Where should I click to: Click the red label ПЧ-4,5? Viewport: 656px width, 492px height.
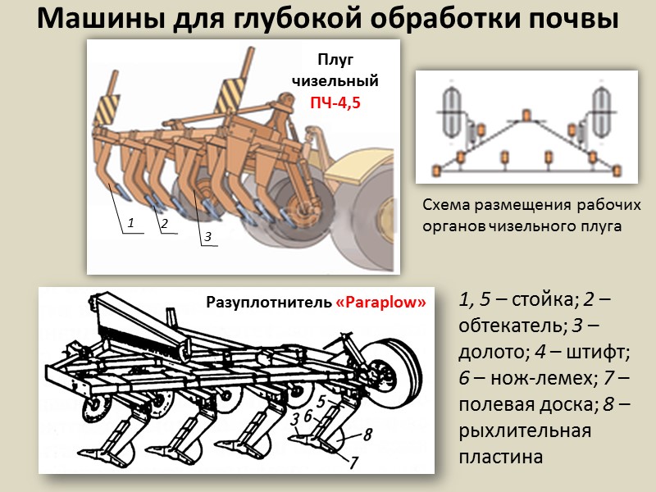click(x=335, y=103)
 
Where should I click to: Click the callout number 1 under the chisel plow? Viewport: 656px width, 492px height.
click(x=130, y=222)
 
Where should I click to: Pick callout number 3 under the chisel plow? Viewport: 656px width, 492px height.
click(x=207, y=236)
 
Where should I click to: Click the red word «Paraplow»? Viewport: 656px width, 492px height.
click(x=381, y=302)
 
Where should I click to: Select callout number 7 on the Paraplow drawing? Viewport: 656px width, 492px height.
click(x=353, y=463)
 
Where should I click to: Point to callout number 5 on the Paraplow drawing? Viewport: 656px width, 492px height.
click(x=321, y=402)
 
